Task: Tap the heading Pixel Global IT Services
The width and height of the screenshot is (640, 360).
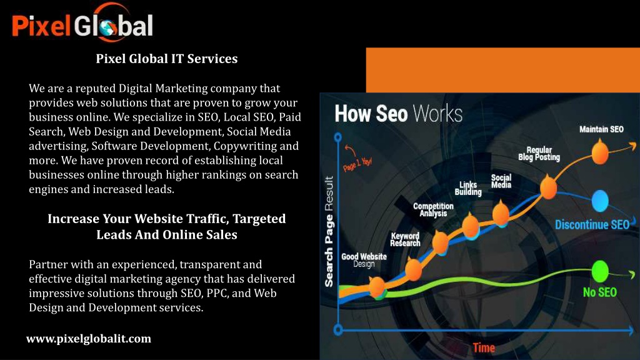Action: coord(166,59)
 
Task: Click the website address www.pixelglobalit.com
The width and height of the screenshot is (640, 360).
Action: coord(89,339)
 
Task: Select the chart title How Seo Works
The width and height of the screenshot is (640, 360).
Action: coord(398,114)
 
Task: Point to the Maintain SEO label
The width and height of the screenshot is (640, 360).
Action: coord(601,129)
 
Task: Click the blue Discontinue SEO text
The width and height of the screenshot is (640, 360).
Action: coord(592,225)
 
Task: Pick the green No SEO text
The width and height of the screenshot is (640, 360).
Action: coord(599,292)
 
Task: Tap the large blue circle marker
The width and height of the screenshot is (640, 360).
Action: coord(600,201)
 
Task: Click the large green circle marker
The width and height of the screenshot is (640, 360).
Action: coord(600,271)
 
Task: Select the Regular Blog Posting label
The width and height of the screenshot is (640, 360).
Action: coord(539,154)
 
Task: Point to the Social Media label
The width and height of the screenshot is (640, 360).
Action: coord(501,181)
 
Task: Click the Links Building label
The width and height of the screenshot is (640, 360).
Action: coord(468,189)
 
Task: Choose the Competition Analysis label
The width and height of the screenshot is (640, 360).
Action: coord(433,210)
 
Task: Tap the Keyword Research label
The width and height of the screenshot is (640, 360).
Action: coord(405,239)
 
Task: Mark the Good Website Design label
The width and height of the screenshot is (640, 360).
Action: coord(364,261)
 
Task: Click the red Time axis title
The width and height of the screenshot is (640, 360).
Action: coord(484,348)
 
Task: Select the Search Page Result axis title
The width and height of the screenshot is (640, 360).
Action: coord(329,231)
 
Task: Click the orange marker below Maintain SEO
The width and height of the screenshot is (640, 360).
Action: coord(600,152)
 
